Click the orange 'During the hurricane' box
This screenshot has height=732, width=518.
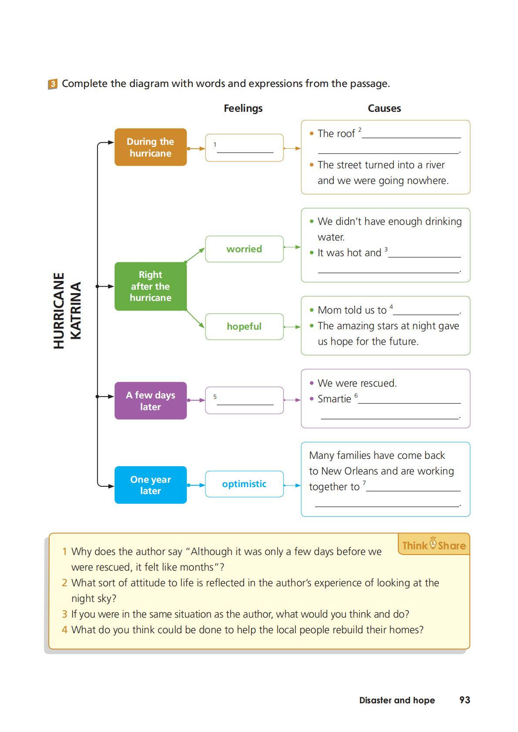tap(150, 147)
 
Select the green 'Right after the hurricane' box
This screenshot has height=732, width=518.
tap(150, 286)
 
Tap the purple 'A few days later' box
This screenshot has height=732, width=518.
tap(150, 401)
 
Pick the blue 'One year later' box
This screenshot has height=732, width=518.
tap(150, 485)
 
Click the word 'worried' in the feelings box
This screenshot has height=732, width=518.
tap(244, 249)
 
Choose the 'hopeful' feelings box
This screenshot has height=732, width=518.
tap(244, 326)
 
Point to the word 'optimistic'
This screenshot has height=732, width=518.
tap(244, 484)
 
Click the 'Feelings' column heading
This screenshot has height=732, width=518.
tap(243, 108)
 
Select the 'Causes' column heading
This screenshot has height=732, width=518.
tap(384, 108)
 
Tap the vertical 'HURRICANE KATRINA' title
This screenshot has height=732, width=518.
tap(67, 311)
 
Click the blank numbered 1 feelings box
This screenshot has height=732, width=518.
tap(244, 148)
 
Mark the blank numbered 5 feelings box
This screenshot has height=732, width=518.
tap(244, 400)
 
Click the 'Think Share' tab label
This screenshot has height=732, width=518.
tap(434, 545)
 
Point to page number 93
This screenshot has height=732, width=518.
tap(464, 700)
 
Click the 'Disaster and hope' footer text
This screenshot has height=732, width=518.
tap(397, 700)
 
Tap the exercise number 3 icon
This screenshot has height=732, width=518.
tap(52, 84)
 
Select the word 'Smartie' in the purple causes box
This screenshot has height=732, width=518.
tap(334, 399)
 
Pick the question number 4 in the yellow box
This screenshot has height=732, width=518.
tap(64, 630)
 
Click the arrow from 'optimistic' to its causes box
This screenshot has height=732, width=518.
tap(292, 485)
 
